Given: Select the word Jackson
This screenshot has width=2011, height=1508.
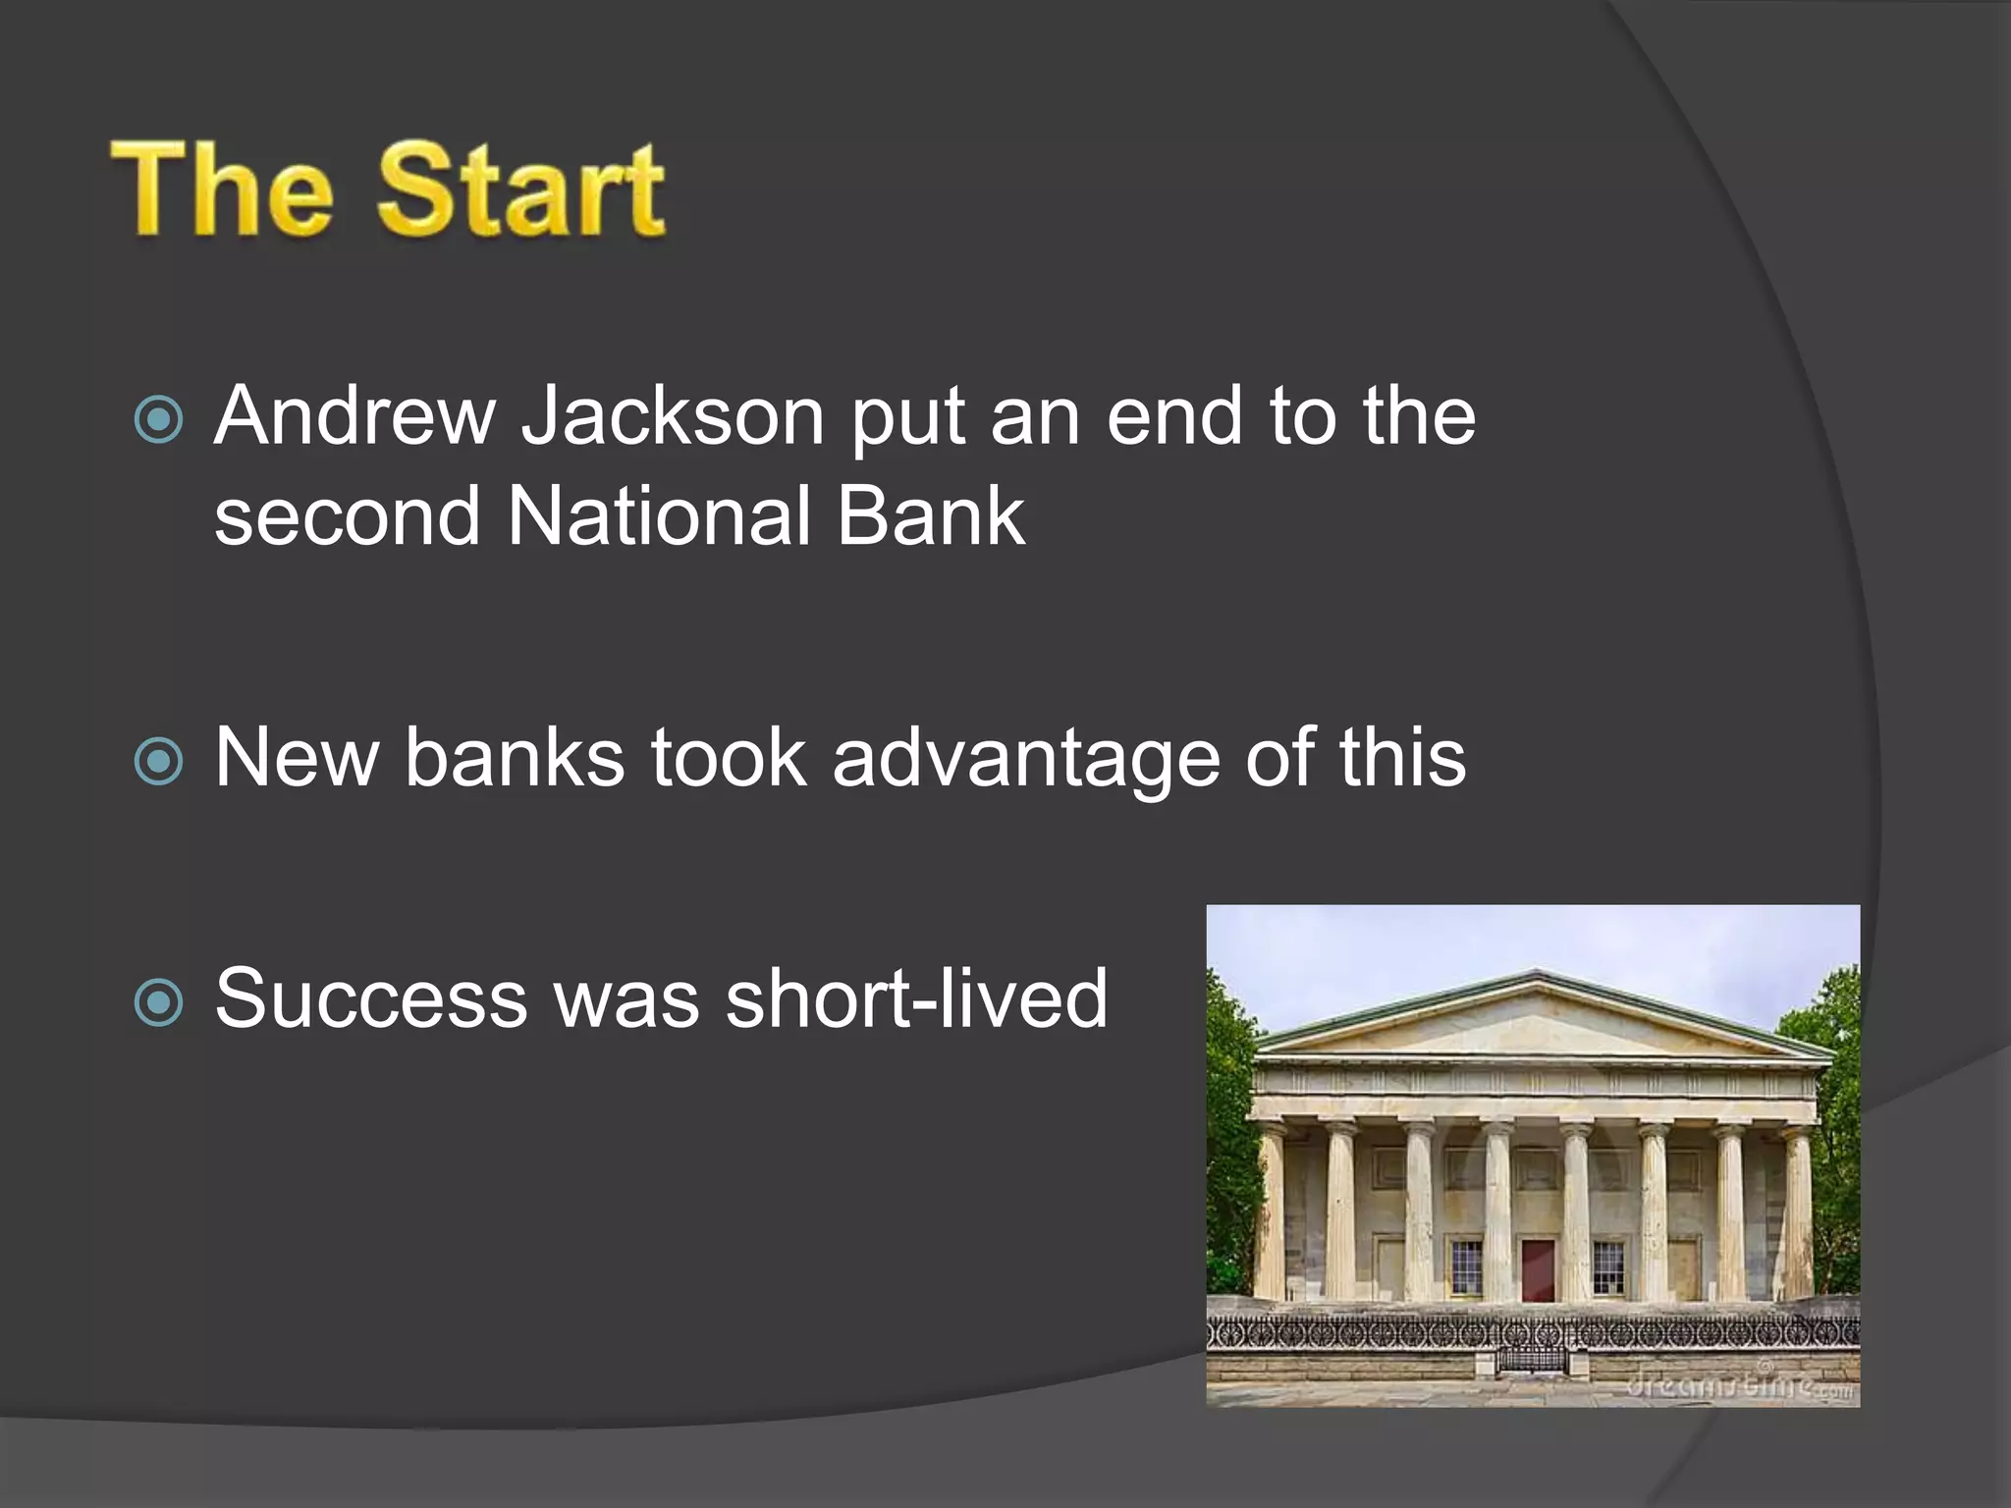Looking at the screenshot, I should coord(672,416).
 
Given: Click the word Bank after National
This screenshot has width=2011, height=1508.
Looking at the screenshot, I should coord(930,516).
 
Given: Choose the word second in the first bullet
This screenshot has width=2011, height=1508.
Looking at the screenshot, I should coord(347,516).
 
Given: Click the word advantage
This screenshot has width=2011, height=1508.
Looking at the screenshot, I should coord(1026,758).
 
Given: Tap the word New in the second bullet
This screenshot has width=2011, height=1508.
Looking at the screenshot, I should coord(297,758).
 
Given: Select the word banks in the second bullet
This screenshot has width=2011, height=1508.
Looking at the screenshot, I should coord(515,758).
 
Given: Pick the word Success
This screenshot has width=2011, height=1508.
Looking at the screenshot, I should coord(371,998).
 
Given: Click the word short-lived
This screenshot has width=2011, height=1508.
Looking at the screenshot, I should coord(916,998).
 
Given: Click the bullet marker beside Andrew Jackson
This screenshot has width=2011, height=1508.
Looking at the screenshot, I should coord(158,420).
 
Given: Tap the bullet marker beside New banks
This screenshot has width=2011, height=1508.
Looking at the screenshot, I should coord(158,762).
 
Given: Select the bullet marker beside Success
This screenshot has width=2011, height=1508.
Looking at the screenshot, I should coord(158,1002).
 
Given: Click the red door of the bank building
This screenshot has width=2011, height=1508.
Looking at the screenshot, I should coord(1538,1268).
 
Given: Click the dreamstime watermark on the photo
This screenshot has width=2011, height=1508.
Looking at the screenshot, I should coord(1738,1385).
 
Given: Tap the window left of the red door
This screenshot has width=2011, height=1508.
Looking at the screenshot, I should coord(1466,1266).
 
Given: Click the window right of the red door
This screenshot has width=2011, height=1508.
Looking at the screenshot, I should coord(1607,1266).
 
